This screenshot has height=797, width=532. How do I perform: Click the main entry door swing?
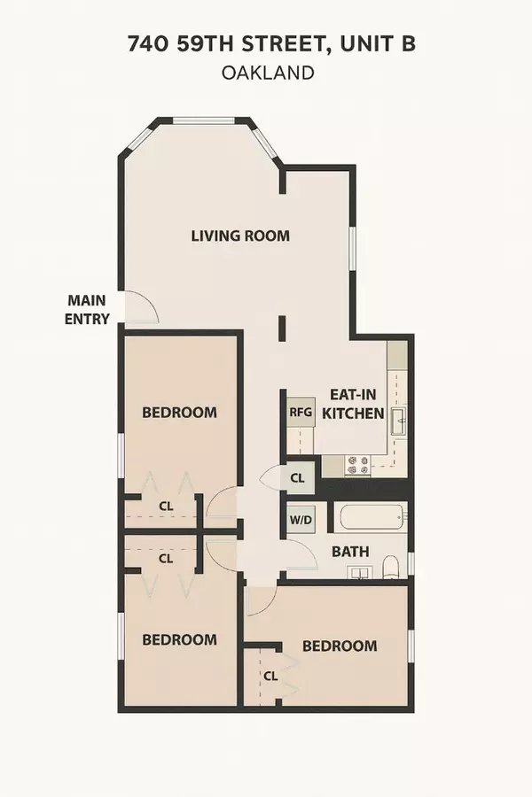pos(142,307)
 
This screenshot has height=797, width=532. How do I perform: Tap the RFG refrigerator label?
pos(295,412)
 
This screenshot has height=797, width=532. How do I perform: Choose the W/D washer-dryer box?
pos(299,521)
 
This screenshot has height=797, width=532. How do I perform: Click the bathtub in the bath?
pos(368,516)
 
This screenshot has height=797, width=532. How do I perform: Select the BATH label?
pos(350,551)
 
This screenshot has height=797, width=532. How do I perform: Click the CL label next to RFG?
pos(297,478)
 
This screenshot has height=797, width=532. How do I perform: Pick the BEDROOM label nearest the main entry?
pos(180,412)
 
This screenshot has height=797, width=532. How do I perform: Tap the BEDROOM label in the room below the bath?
pos(340,646)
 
